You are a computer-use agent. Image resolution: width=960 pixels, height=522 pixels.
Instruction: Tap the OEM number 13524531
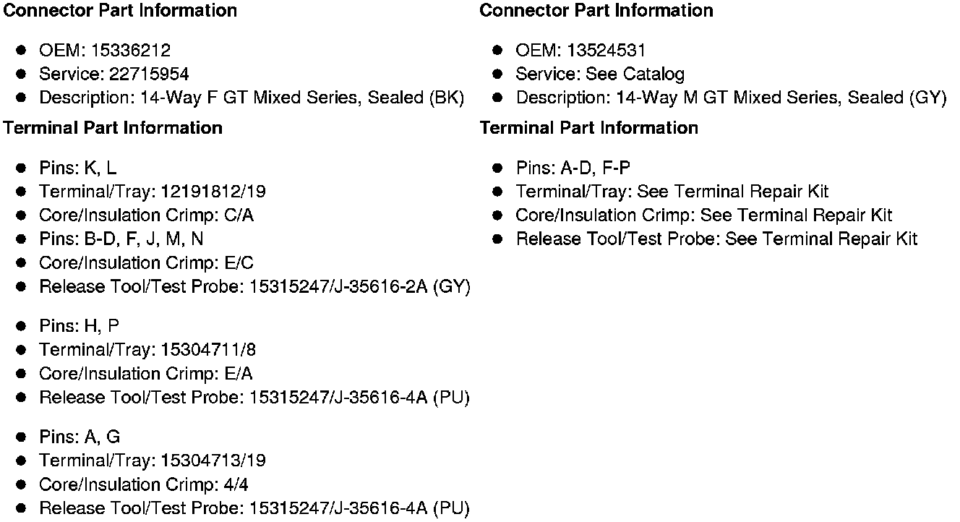pyautogui.click(x=607, y=51)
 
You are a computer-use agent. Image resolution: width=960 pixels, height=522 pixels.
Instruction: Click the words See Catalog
pyautogui.click(x=635, y=74)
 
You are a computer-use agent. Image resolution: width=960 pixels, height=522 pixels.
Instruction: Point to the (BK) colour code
pyautogui.click(x=446, y=98)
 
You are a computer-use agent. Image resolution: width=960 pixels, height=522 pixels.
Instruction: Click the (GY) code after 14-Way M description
pyautogui.click(x=927, y=98)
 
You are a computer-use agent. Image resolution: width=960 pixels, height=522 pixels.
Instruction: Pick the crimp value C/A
pyautogui.click(x=240, y=215)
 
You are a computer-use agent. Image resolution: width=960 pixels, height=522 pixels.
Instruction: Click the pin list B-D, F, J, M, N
pyautogui.click(x=144, y=239)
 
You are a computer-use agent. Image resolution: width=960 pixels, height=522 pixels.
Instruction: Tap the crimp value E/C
pyautogui.click(x=240, y=263)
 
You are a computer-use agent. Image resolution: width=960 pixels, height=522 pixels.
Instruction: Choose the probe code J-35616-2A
pyautogui.click(x=377, y=287)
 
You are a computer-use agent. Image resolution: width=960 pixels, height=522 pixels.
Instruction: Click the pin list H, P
pyautogui.click(x=102, y=326)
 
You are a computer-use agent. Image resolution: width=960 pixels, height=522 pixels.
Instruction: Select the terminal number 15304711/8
pyautogui.click(x=208, y=350)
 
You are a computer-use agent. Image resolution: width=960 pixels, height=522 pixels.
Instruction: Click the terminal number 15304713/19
pyautogui.click(x=213, y=461)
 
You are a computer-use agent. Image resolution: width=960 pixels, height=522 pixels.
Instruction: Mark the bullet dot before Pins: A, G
pyautogui.click(x=22, y=437)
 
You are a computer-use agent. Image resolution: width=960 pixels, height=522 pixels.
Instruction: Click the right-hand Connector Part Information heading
pyautogui.click(x=596, y=11)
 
